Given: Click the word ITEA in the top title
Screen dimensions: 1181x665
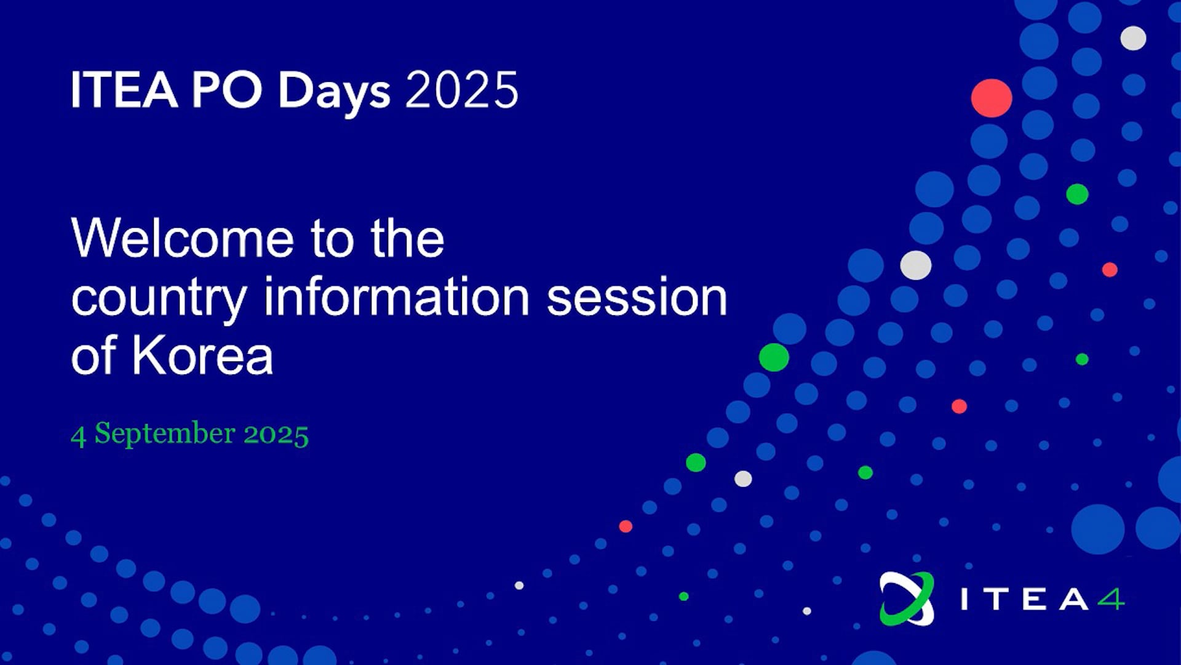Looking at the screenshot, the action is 124,90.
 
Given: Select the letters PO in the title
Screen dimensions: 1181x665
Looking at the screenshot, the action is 227,90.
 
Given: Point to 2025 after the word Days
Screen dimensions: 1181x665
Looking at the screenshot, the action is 462,90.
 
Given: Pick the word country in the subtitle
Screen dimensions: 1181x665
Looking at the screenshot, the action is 159,299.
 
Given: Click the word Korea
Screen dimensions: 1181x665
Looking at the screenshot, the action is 202,355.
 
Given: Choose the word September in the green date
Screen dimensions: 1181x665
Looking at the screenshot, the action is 165,434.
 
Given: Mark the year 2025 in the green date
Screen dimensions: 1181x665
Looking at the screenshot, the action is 276,434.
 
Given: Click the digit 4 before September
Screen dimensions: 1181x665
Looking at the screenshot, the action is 78,436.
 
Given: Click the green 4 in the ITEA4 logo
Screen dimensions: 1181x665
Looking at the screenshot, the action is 1111,599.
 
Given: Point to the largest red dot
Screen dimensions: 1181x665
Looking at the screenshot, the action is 992,98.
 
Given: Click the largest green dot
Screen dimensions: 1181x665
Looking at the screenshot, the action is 774,357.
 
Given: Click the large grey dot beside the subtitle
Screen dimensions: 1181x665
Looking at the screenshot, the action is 916,265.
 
